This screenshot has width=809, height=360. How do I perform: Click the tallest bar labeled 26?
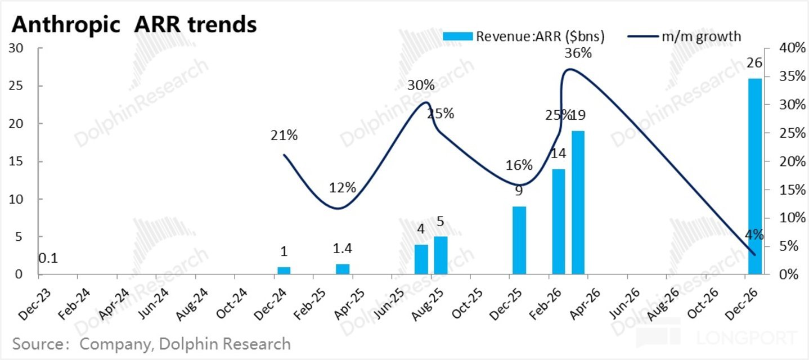(756, 176)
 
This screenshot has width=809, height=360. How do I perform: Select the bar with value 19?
(578, 202)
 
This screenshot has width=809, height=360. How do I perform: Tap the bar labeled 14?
(558, 222)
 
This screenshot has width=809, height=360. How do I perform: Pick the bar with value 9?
(519, 240)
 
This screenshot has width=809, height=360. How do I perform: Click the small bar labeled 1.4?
(343, 269)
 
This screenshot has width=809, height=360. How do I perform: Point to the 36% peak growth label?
(578, 54)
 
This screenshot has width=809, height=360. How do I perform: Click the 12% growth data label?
(343, 188)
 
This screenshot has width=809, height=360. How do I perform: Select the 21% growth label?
(284, 136)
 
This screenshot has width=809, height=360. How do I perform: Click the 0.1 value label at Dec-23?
(48, 259)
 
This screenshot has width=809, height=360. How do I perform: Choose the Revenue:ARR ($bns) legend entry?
(524, 37)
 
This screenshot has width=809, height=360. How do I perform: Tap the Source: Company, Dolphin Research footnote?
(151, 344)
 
